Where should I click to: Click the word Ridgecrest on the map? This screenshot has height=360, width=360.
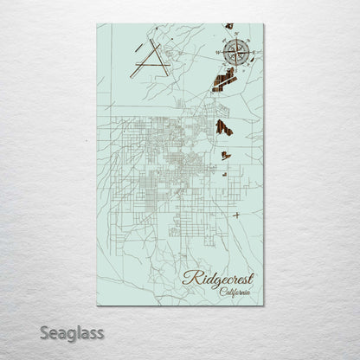coord(216,280)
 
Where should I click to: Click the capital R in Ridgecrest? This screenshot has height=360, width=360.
coord(190,279)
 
